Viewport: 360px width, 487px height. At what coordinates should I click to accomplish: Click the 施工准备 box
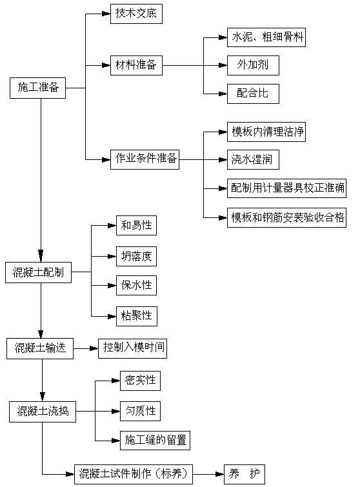(x=38, y=88)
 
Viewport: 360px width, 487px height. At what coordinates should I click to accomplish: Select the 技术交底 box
(x=134, y=13)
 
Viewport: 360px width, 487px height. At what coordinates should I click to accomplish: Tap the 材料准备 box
(x=135, y=65)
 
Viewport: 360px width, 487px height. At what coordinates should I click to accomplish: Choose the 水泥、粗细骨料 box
(x=266, y=38)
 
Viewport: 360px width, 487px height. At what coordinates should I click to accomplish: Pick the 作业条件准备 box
(x=145, y=159)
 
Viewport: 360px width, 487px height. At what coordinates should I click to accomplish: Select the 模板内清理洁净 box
(x=266, y=133)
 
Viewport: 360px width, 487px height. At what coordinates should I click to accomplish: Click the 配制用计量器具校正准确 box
(x=288, y=188)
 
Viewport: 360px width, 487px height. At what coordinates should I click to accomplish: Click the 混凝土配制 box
(x=38, y=273)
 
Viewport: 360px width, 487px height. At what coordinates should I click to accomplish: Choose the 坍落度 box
(x=136, y=257)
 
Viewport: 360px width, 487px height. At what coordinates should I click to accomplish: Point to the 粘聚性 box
(x=136, y=315)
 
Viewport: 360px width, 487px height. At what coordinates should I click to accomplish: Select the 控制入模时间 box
(x=134, y=349)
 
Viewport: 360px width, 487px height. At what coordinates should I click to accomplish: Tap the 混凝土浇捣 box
(x=43, y=411)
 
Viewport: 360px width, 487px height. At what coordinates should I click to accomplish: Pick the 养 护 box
(x=244, y=474)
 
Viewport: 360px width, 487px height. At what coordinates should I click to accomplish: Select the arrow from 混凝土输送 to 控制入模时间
(x=85, y=349)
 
